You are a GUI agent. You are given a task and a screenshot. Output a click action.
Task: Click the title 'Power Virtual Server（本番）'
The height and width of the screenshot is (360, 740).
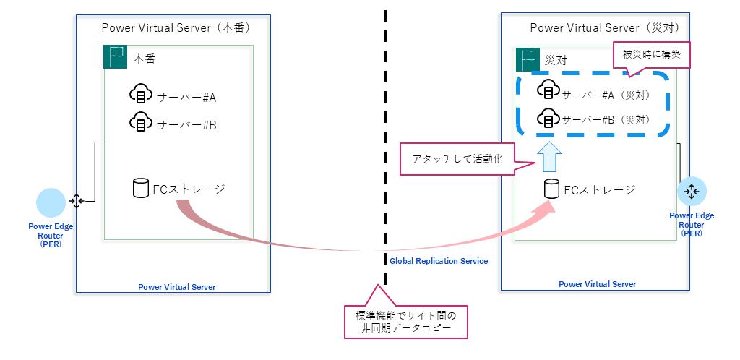tap(176, 28)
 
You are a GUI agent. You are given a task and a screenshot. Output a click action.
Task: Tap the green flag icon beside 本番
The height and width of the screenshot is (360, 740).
tap(115, 57)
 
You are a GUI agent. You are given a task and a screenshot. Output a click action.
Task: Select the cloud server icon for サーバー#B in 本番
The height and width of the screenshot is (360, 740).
tap(140, 122)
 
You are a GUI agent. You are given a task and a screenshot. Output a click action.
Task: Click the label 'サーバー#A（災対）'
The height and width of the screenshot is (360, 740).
tap(608, 94)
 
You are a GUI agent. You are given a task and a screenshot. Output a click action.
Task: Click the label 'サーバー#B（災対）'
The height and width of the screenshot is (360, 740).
tap(608, 120)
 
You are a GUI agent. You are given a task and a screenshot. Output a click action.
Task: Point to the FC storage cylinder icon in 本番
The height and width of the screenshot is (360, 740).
tap(141, 189)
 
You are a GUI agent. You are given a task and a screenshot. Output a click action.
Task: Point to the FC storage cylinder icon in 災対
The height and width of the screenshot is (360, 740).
tap(551, 189)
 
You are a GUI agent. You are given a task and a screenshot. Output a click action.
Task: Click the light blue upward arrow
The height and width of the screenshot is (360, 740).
tap(550, 157)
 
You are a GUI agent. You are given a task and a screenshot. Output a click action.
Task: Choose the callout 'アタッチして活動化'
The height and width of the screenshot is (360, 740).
tap(457, 158)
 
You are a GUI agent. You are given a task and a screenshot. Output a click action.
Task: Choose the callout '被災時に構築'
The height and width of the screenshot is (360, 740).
tap(652, 54)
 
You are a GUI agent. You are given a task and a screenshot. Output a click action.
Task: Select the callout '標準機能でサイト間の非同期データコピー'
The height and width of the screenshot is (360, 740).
tap(406, 321)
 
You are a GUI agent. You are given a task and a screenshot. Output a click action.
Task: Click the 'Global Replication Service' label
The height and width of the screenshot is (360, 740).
tap(439, 261)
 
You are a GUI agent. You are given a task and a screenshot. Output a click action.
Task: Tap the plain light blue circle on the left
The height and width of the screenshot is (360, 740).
tap(51, 202)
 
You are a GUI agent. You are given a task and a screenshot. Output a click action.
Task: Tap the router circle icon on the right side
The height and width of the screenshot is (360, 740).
tap(692, 192)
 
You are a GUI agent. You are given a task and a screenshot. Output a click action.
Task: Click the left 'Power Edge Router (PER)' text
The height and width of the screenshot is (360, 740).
tap(51, 235)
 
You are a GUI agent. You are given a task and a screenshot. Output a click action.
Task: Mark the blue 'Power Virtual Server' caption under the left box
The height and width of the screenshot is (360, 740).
tap(176, 287)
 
